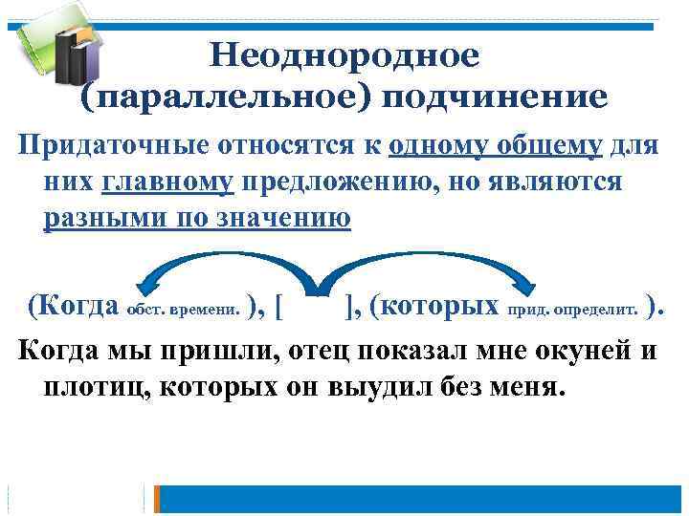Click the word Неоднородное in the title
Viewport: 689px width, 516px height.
point(344,55)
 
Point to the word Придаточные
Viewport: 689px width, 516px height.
point(106,148)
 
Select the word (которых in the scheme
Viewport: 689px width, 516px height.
point(434,307)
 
